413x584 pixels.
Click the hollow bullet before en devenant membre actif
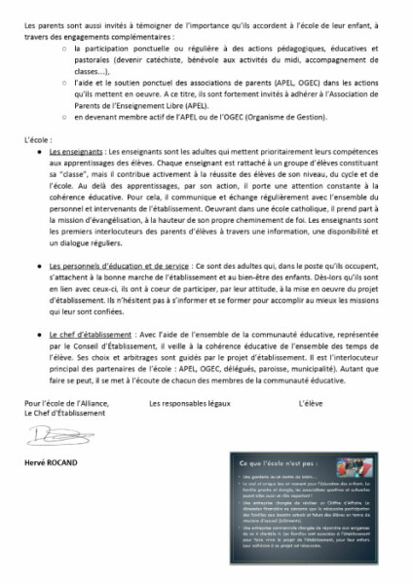(62, 119)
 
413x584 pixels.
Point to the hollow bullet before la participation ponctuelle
(62, 45)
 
